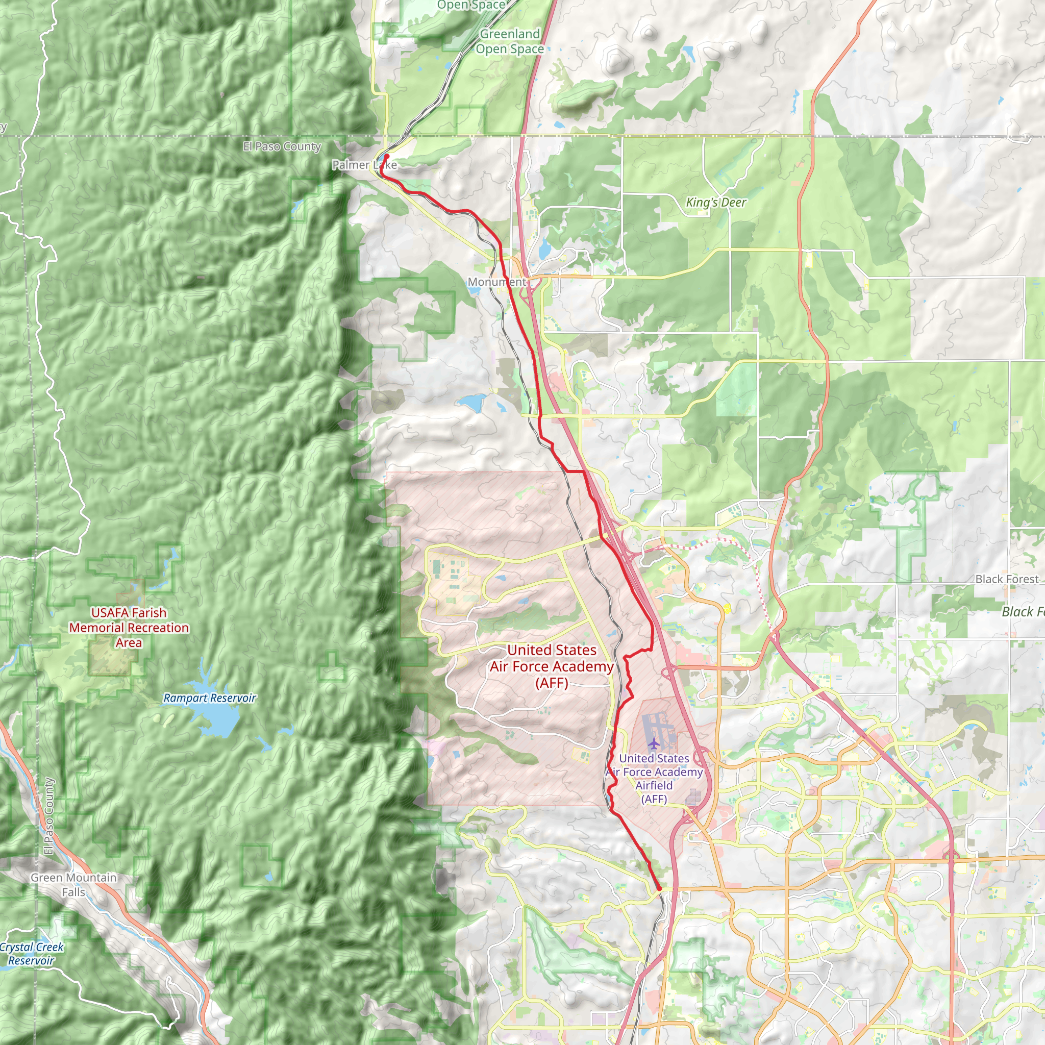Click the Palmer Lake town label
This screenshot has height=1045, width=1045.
click(364, 165)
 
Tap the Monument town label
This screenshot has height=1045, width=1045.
click(496, 282)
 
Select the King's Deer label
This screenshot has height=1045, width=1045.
click(715, 202)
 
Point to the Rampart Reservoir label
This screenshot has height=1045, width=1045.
click(209, 699)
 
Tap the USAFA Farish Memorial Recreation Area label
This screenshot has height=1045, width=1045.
click(129, 628)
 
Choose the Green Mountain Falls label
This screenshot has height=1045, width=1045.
click(73, 885)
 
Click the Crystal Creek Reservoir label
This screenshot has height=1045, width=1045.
click(31, 954)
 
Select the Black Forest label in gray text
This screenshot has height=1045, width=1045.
click(1007, 579)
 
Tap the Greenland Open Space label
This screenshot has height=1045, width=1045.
click(510, 41)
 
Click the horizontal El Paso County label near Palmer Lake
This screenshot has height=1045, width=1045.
click(282, 146)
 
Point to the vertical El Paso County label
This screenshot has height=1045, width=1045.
click(49, 816)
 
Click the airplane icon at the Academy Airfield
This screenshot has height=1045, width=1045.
click(654, 741)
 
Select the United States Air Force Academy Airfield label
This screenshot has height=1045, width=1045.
click(654, 778)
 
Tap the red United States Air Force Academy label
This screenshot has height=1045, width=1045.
click(552, 666)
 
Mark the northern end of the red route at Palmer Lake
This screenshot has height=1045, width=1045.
click(387, 156)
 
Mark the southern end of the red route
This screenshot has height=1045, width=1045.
click(659, 889)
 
